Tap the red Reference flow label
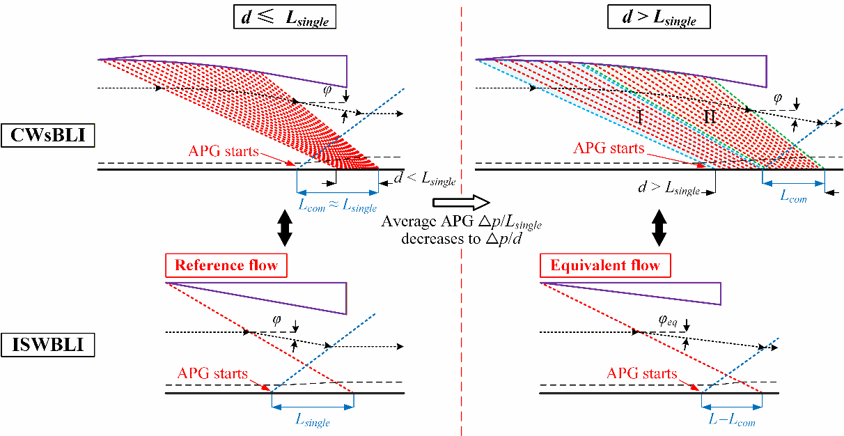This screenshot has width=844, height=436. point(226,265)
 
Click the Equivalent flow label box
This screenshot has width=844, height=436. point(604,265)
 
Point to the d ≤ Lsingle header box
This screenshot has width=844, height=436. point(284,17)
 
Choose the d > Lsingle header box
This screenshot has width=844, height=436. point(658,17)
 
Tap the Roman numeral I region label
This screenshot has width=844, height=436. point(639,118)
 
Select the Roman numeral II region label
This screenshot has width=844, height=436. point(709,118)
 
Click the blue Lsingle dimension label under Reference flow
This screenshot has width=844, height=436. point(313,421)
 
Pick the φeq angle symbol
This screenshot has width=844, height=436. point(666,321)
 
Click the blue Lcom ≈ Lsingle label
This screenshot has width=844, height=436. point(337,206)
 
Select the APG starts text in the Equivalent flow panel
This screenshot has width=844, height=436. point(641,374)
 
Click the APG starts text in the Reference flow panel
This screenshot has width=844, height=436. point(212,374)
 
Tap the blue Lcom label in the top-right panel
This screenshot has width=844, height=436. point(793,197)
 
